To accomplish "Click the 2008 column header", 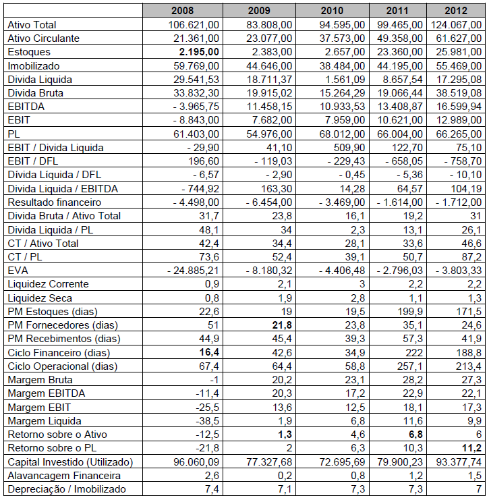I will pyautogui.click(x=182, y=11).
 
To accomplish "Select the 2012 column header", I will pyautogui.click(x=461, y=11).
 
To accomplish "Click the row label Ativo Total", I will pyautogui.click(x=33, y=24).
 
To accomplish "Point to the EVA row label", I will pyautogui.click(x=18, y=270).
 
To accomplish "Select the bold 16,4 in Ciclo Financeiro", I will pyautogui.click(x=206, y=352).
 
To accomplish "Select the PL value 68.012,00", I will pyautogui.click(x=340, y=134).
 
